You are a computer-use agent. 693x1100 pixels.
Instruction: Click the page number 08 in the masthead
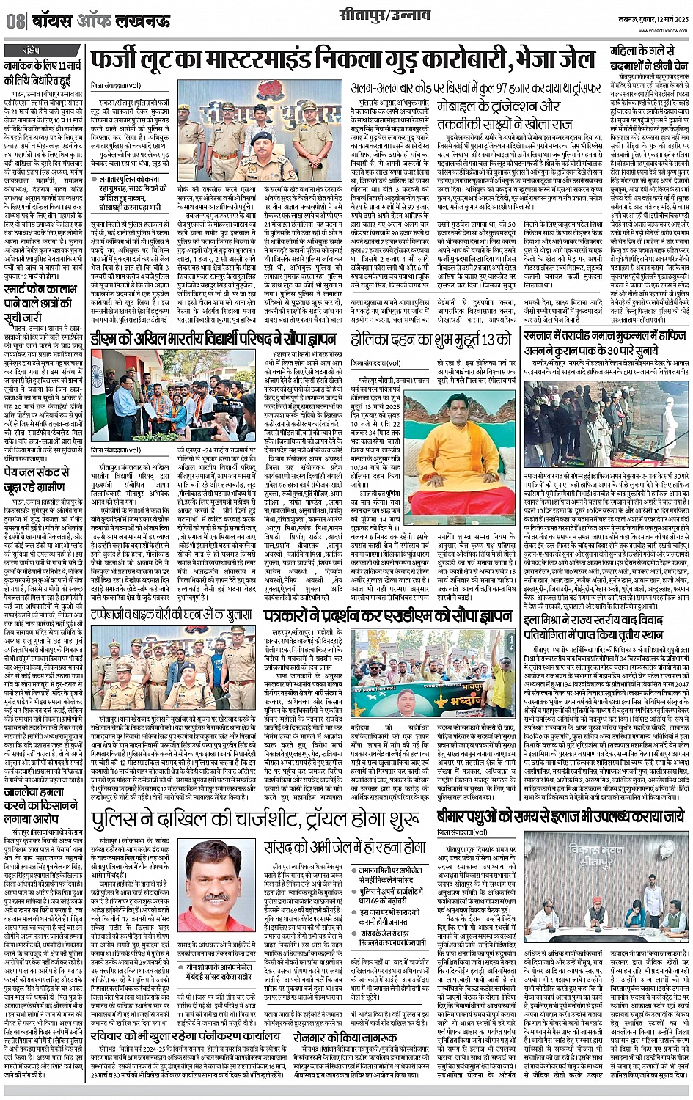click(15, 21)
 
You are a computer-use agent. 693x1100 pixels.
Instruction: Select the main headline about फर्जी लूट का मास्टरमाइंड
click(341, 61)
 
